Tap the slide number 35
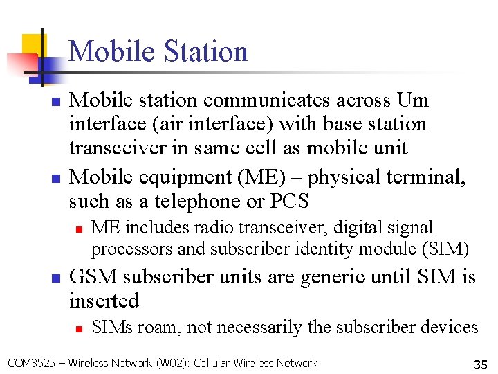tap(479, 364)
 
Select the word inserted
tap(104, 301)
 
